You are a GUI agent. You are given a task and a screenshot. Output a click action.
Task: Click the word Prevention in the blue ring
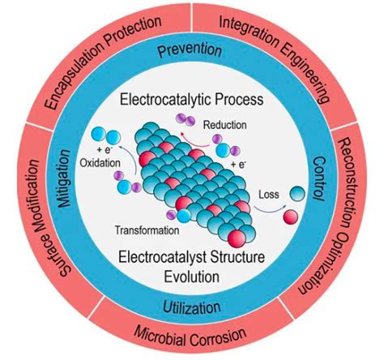[x=190, y=50]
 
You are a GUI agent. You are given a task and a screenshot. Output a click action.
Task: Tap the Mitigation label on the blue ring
[x=64, y=178]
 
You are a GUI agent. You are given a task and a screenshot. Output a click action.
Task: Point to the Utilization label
[x=192, y=307]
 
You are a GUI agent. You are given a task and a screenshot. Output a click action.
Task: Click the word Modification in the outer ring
[x=30, y=196]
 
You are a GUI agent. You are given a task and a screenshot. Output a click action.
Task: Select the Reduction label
[x=224, y=125]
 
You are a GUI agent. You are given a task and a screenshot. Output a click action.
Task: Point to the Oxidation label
[x=100, y=163]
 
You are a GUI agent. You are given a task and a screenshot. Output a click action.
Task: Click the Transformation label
[x=147, y=230]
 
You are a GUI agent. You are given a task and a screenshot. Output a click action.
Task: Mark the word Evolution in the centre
[x=192, y=276]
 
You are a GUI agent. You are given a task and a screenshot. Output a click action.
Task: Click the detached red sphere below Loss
[x=291, y=216]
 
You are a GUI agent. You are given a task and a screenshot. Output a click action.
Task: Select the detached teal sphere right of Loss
[x=297, y=194]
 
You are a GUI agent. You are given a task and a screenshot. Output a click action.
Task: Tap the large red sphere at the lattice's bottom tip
[x=237, y=238]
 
